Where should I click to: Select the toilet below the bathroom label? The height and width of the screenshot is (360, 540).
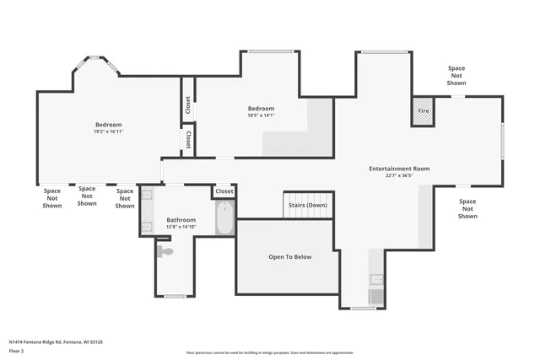165,250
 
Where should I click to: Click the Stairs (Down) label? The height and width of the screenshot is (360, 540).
308,205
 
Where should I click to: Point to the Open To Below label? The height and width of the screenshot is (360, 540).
290,256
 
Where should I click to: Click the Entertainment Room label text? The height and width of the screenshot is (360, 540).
399,169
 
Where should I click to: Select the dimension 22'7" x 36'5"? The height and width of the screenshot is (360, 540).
399,176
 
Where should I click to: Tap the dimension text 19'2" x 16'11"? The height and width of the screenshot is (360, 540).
108,132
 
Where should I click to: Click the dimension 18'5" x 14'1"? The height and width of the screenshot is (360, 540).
261,116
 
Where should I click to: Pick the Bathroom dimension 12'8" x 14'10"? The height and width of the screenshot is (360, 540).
181,227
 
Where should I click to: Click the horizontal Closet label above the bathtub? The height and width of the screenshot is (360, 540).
224,191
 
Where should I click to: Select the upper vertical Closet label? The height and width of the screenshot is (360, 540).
187,105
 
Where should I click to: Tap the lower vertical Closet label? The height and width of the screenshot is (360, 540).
187,140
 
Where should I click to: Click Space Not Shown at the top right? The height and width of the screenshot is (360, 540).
456,76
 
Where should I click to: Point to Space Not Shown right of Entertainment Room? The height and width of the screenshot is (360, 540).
467,209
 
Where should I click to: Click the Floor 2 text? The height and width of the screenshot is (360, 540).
17,352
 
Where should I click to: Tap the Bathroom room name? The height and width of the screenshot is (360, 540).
181,219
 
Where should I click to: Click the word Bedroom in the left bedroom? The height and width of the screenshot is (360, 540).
108,125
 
